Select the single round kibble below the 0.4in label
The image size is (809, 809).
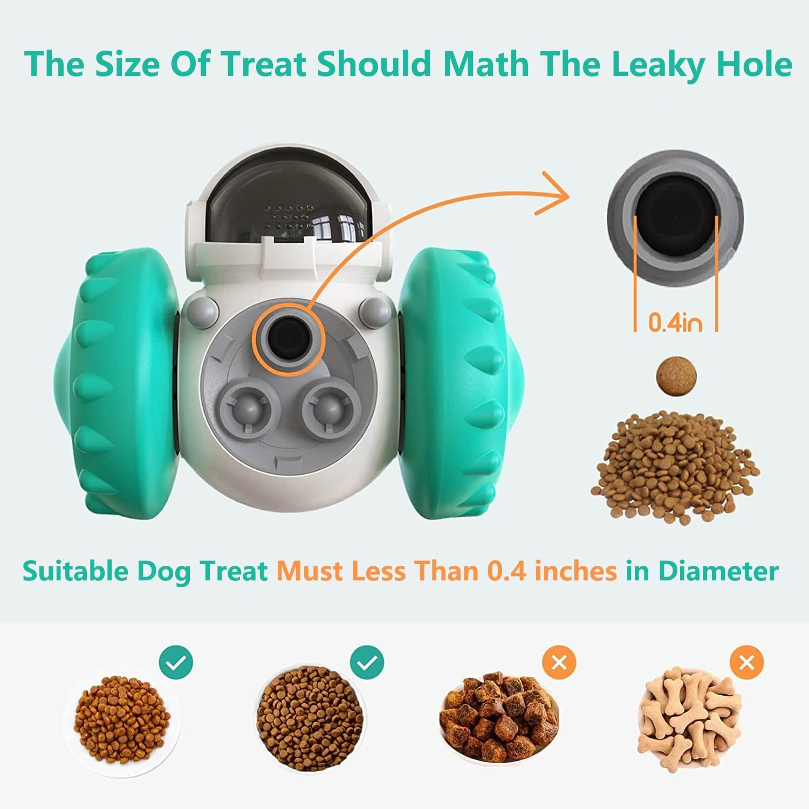point(676,376)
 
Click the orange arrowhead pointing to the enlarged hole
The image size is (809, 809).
point(556,194)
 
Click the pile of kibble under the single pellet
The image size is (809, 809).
point(675,465)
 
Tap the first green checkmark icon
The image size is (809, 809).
point(176,662)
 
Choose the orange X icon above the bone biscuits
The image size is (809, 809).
point(746,662)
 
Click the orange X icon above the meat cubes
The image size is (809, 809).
point(559,662)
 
